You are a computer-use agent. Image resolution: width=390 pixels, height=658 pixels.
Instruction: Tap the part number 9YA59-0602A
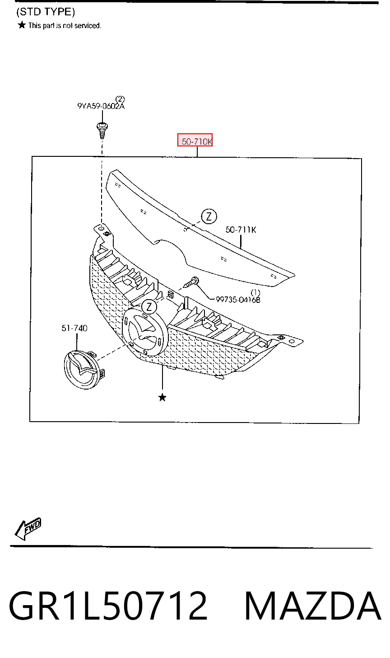(101, 106)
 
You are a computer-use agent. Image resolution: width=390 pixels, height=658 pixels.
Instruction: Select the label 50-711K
(241, 230)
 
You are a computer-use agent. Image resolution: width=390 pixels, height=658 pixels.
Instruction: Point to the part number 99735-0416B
(238, 300)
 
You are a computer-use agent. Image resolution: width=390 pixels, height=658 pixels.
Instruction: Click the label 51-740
(74, 328)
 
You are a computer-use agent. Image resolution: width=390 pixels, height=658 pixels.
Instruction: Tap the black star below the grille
(162, 398)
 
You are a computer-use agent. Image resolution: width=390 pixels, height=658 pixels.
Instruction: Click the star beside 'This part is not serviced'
(22, 25)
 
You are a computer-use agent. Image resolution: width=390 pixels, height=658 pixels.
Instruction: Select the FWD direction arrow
(28, 528)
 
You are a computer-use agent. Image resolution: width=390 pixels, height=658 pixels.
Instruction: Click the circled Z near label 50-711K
(209, 216)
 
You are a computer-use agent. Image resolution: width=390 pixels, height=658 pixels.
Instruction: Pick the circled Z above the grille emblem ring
(149, 307)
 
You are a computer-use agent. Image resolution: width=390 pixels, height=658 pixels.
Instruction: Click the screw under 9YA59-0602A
(102, 130)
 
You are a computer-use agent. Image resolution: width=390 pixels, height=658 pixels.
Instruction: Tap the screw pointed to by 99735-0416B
(191, 282)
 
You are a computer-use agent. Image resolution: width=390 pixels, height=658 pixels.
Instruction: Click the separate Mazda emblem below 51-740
(84, 370)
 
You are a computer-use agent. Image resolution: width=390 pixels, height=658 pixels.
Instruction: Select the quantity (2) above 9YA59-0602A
(120, 99)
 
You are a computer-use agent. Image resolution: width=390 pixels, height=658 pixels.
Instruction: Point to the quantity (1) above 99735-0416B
(255, 292)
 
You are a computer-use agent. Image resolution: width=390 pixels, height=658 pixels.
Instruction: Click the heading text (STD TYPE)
(46, 12)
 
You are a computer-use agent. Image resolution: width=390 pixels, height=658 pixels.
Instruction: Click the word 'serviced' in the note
(88, 26)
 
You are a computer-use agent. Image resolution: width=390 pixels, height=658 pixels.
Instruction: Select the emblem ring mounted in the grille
(144, 332)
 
